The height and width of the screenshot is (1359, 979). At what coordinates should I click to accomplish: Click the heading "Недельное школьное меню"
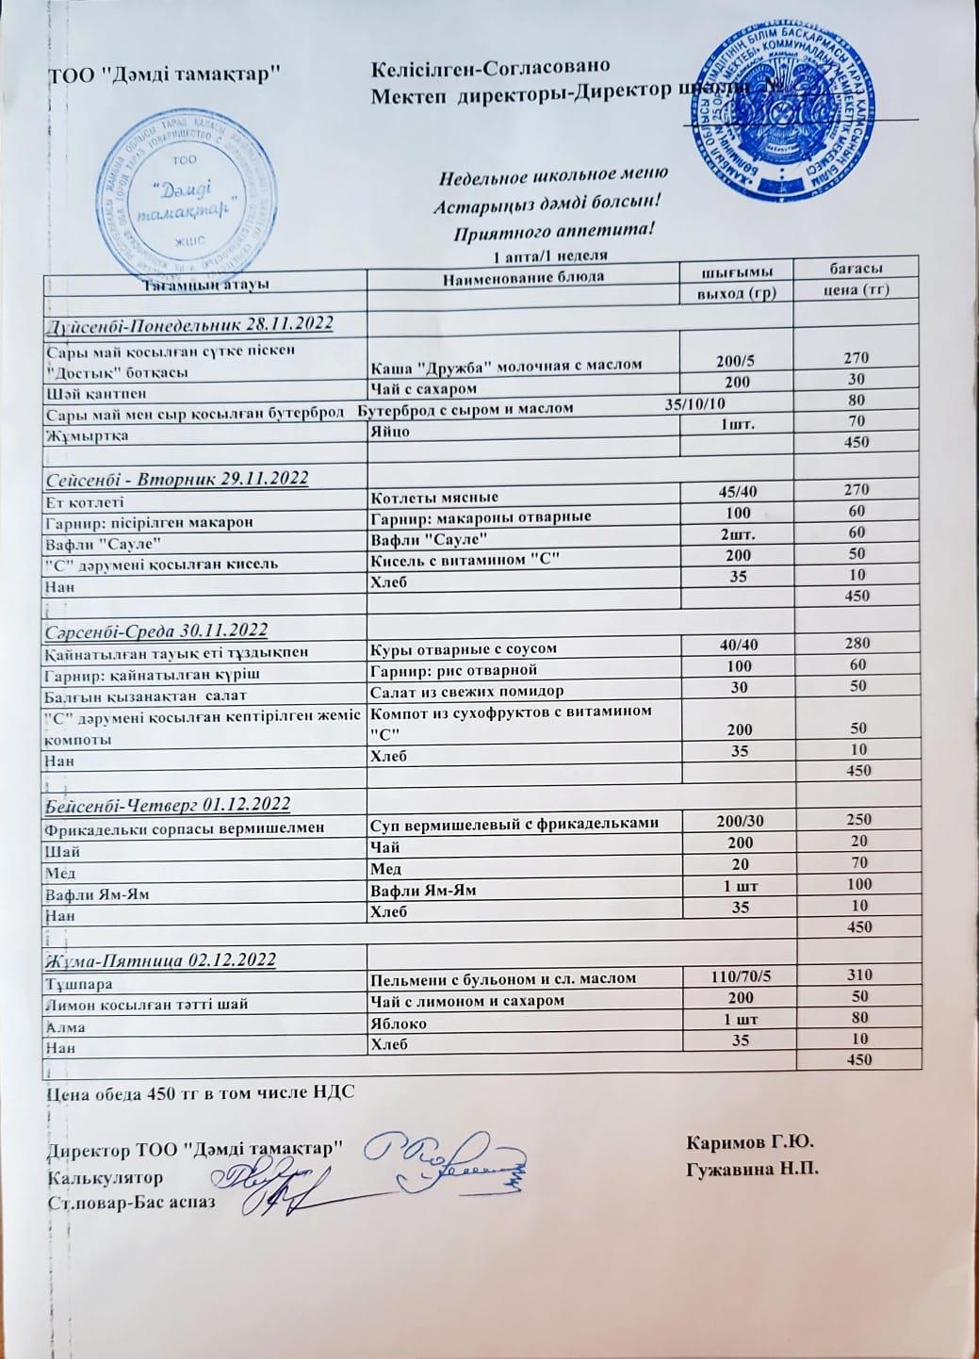click(x=553, y=174)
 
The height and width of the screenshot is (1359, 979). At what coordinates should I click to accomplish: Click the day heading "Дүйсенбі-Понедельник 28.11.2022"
click(x=190, y=324)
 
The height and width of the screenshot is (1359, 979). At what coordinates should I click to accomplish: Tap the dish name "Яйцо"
click(x=388, y=431)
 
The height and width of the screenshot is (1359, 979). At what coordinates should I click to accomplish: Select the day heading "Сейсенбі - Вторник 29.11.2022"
click(x=177, y=478)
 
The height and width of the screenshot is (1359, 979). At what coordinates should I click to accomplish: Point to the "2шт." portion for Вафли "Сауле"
click(x=739, y=532)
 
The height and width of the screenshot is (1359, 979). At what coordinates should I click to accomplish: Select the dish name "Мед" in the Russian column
click(x=386, y=867)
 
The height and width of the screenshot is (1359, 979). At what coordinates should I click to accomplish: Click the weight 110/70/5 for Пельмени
click(x=739, y=976)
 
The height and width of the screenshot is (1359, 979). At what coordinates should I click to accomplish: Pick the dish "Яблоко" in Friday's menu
click(x=400, y=1023)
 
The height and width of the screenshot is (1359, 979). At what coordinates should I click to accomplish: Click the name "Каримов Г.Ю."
click(x=751, y=1143)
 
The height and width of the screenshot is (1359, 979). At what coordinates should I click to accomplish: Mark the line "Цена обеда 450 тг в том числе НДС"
click(x=200, y=1094)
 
